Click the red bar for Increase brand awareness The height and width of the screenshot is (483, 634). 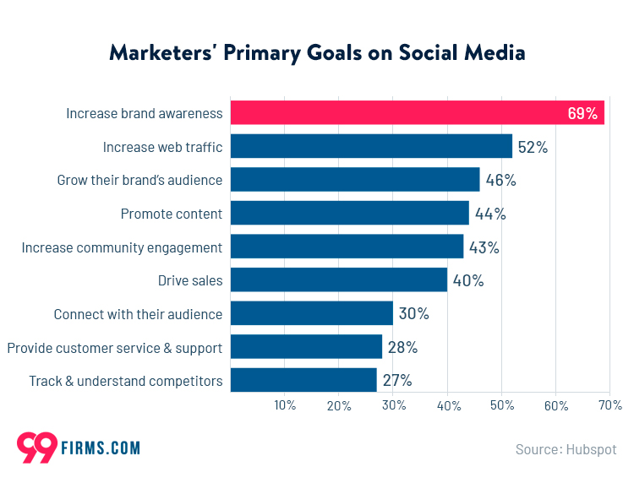click(397, 112)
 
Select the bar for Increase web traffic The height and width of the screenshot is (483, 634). click(371, 146)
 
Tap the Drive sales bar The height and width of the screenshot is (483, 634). click(339, 280)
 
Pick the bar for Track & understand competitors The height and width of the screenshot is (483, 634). click(303, 381)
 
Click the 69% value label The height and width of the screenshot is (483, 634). click(582, 113)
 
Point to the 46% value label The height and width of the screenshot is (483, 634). click(500, 180)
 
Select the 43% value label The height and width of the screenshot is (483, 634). click(484, 247)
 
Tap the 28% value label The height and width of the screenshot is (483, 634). click(402, 347)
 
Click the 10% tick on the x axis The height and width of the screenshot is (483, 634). click(285, 406)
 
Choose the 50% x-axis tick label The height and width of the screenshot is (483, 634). click(501, 406)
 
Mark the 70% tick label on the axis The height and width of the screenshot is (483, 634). click(609, 406)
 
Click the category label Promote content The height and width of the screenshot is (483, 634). click(172, 214)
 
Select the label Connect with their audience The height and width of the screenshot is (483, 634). click(138, 314)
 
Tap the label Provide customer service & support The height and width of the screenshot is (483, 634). click(114, 347)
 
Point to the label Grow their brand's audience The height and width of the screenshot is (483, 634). click(139, 180)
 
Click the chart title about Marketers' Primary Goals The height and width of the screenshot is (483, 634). click(317, 52)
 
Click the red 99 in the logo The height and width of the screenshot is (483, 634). click(36, 448)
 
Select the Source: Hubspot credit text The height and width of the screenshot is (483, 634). click(566, 449)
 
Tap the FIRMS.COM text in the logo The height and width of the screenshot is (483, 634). click(101, 448)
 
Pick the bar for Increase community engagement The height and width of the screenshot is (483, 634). click(347, 247)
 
